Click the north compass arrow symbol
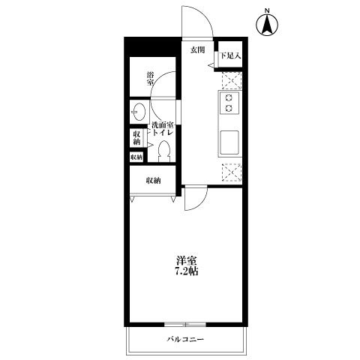[266, 26]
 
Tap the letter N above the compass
[267, 10]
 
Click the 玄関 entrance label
[197, 49]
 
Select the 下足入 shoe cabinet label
[228, 55]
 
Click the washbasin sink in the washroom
[139, 112]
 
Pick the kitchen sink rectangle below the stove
[229, 140]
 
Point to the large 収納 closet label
[153, 181]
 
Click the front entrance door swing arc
[198, 21]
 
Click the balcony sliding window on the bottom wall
[184, 324]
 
